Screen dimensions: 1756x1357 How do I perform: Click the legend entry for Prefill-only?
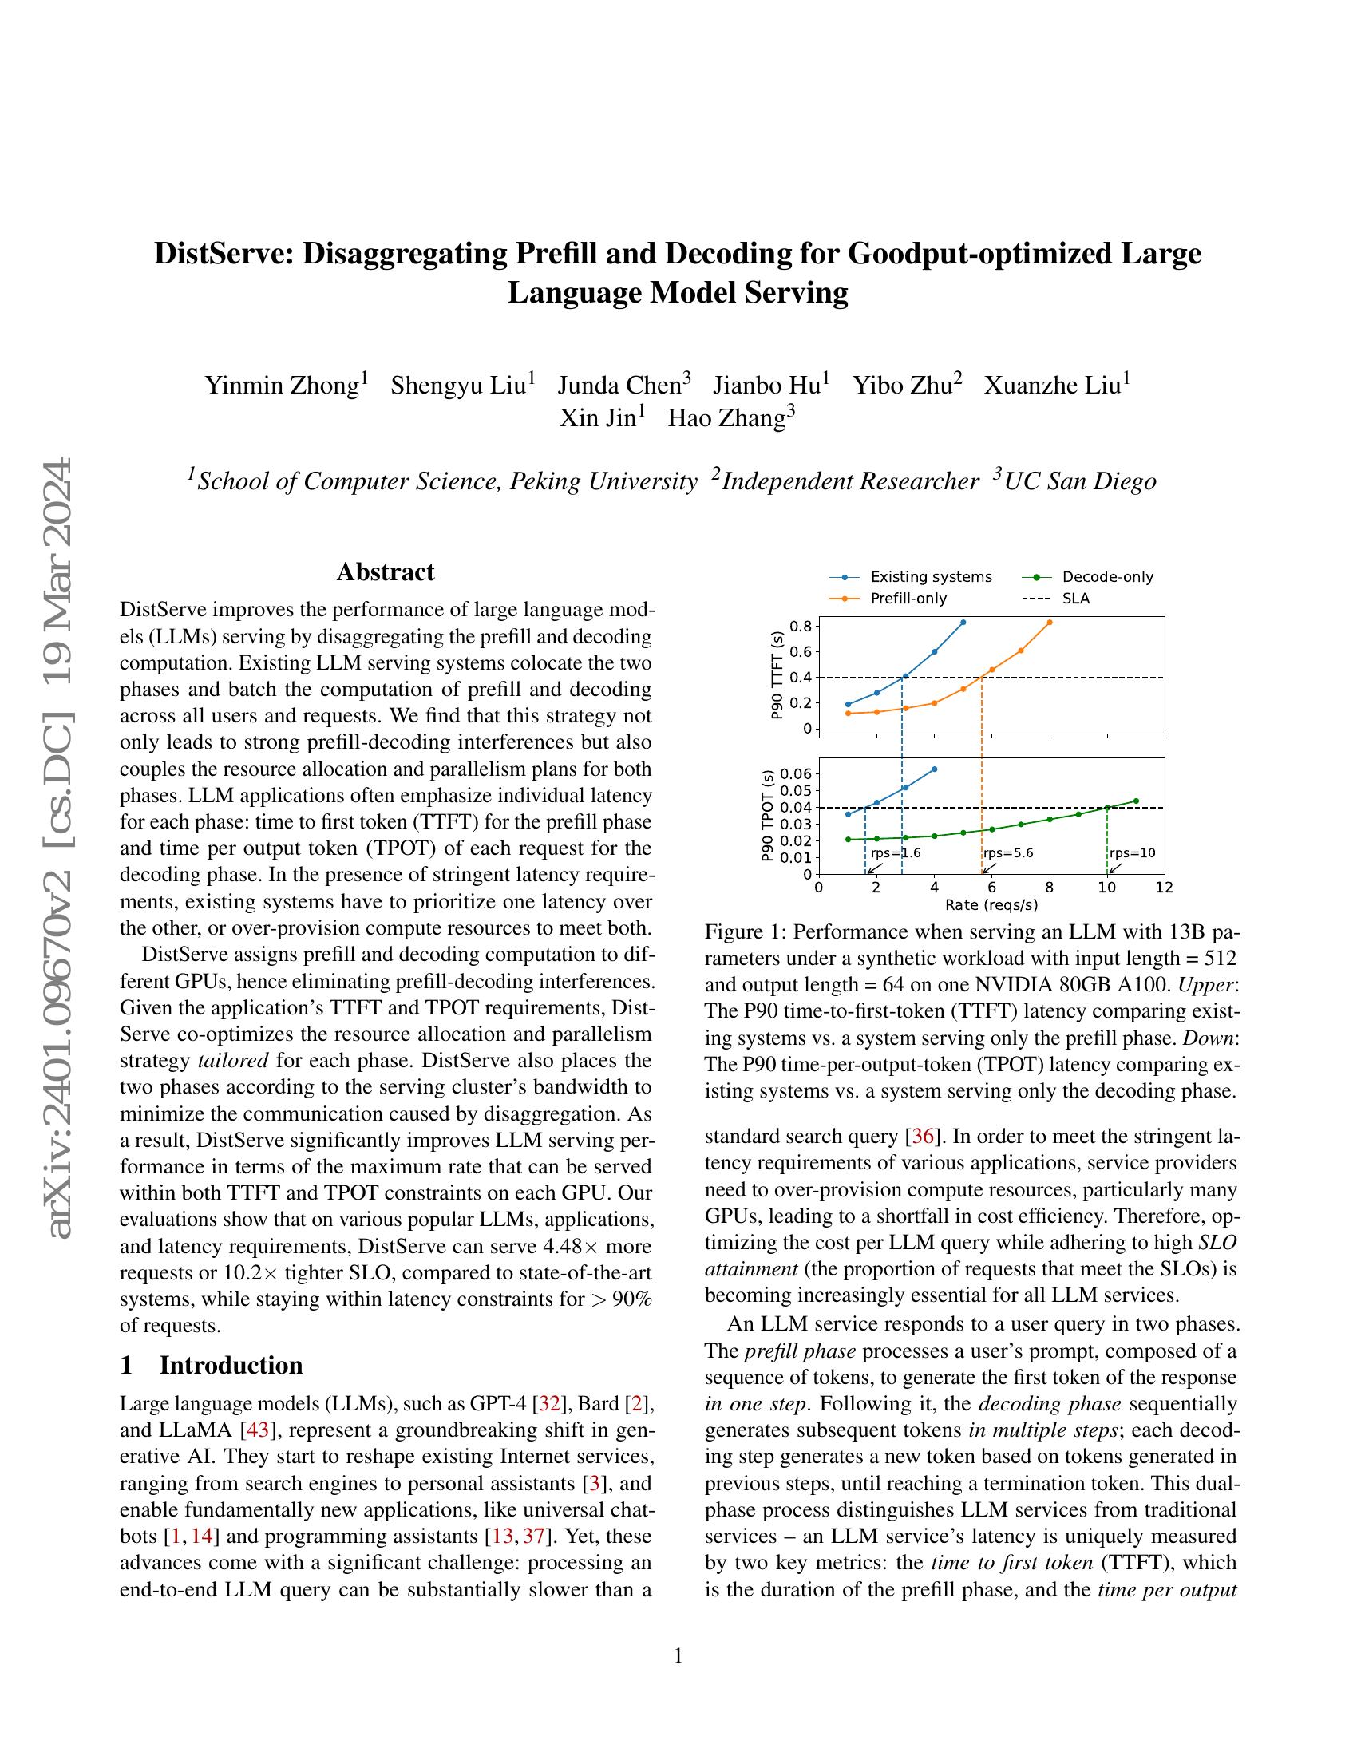pyautogui.click(x=908, y=598)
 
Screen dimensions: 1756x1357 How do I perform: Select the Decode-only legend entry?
pyautogui.click(x=1107, y=576)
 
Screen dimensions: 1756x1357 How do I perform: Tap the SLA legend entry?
pyautogui.click(x=1076, y=598)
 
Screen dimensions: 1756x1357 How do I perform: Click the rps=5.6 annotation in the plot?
pyautogui.click(x=1008, y=853)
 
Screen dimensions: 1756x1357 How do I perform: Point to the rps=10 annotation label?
pyautogui.click(x=1132, y=853)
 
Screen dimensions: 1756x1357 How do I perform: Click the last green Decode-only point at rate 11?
pyautogui.click(x=1136, y=801)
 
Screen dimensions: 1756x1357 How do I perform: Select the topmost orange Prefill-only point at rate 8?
pyautogui.click(x=1050, y=623)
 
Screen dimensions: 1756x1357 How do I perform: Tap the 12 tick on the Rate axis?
pyautogui.click(x=1164, y=888)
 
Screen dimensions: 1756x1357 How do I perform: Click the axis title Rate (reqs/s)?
pyautogui.click(x=991, y=904)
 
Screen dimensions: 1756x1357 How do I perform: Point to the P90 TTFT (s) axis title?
pyautogui.click(x=777, y=675)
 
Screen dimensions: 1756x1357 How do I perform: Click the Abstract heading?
pyautogui.click(x=385, y=571)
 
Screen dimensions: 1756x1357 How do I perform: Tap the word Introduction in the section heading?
pyautogui.click(x=231, y=1365)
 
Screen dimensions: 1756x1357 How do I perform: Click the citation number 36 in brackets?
pyautogui.click(x=920, y=1137)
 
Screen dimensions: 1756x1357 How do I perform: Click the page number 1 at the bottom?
pyautogui.click(x=678, y=1655)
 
